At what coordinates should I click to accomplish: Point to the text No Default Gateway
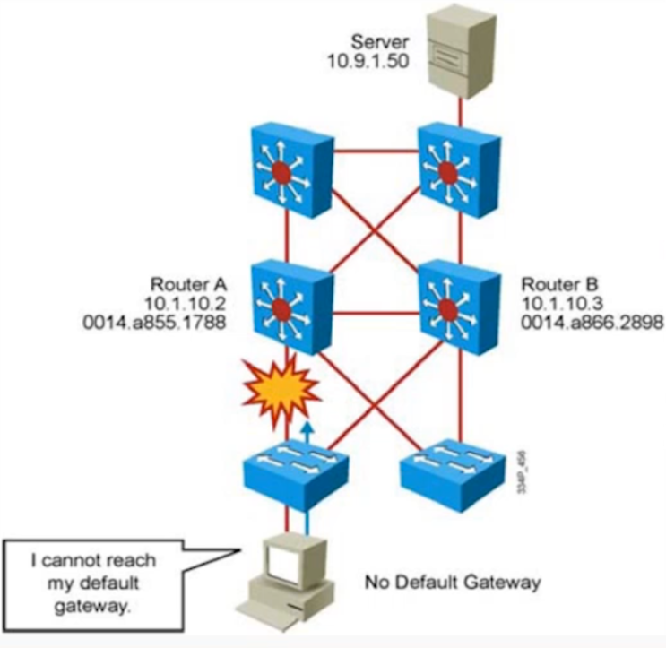click(453, 583)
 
